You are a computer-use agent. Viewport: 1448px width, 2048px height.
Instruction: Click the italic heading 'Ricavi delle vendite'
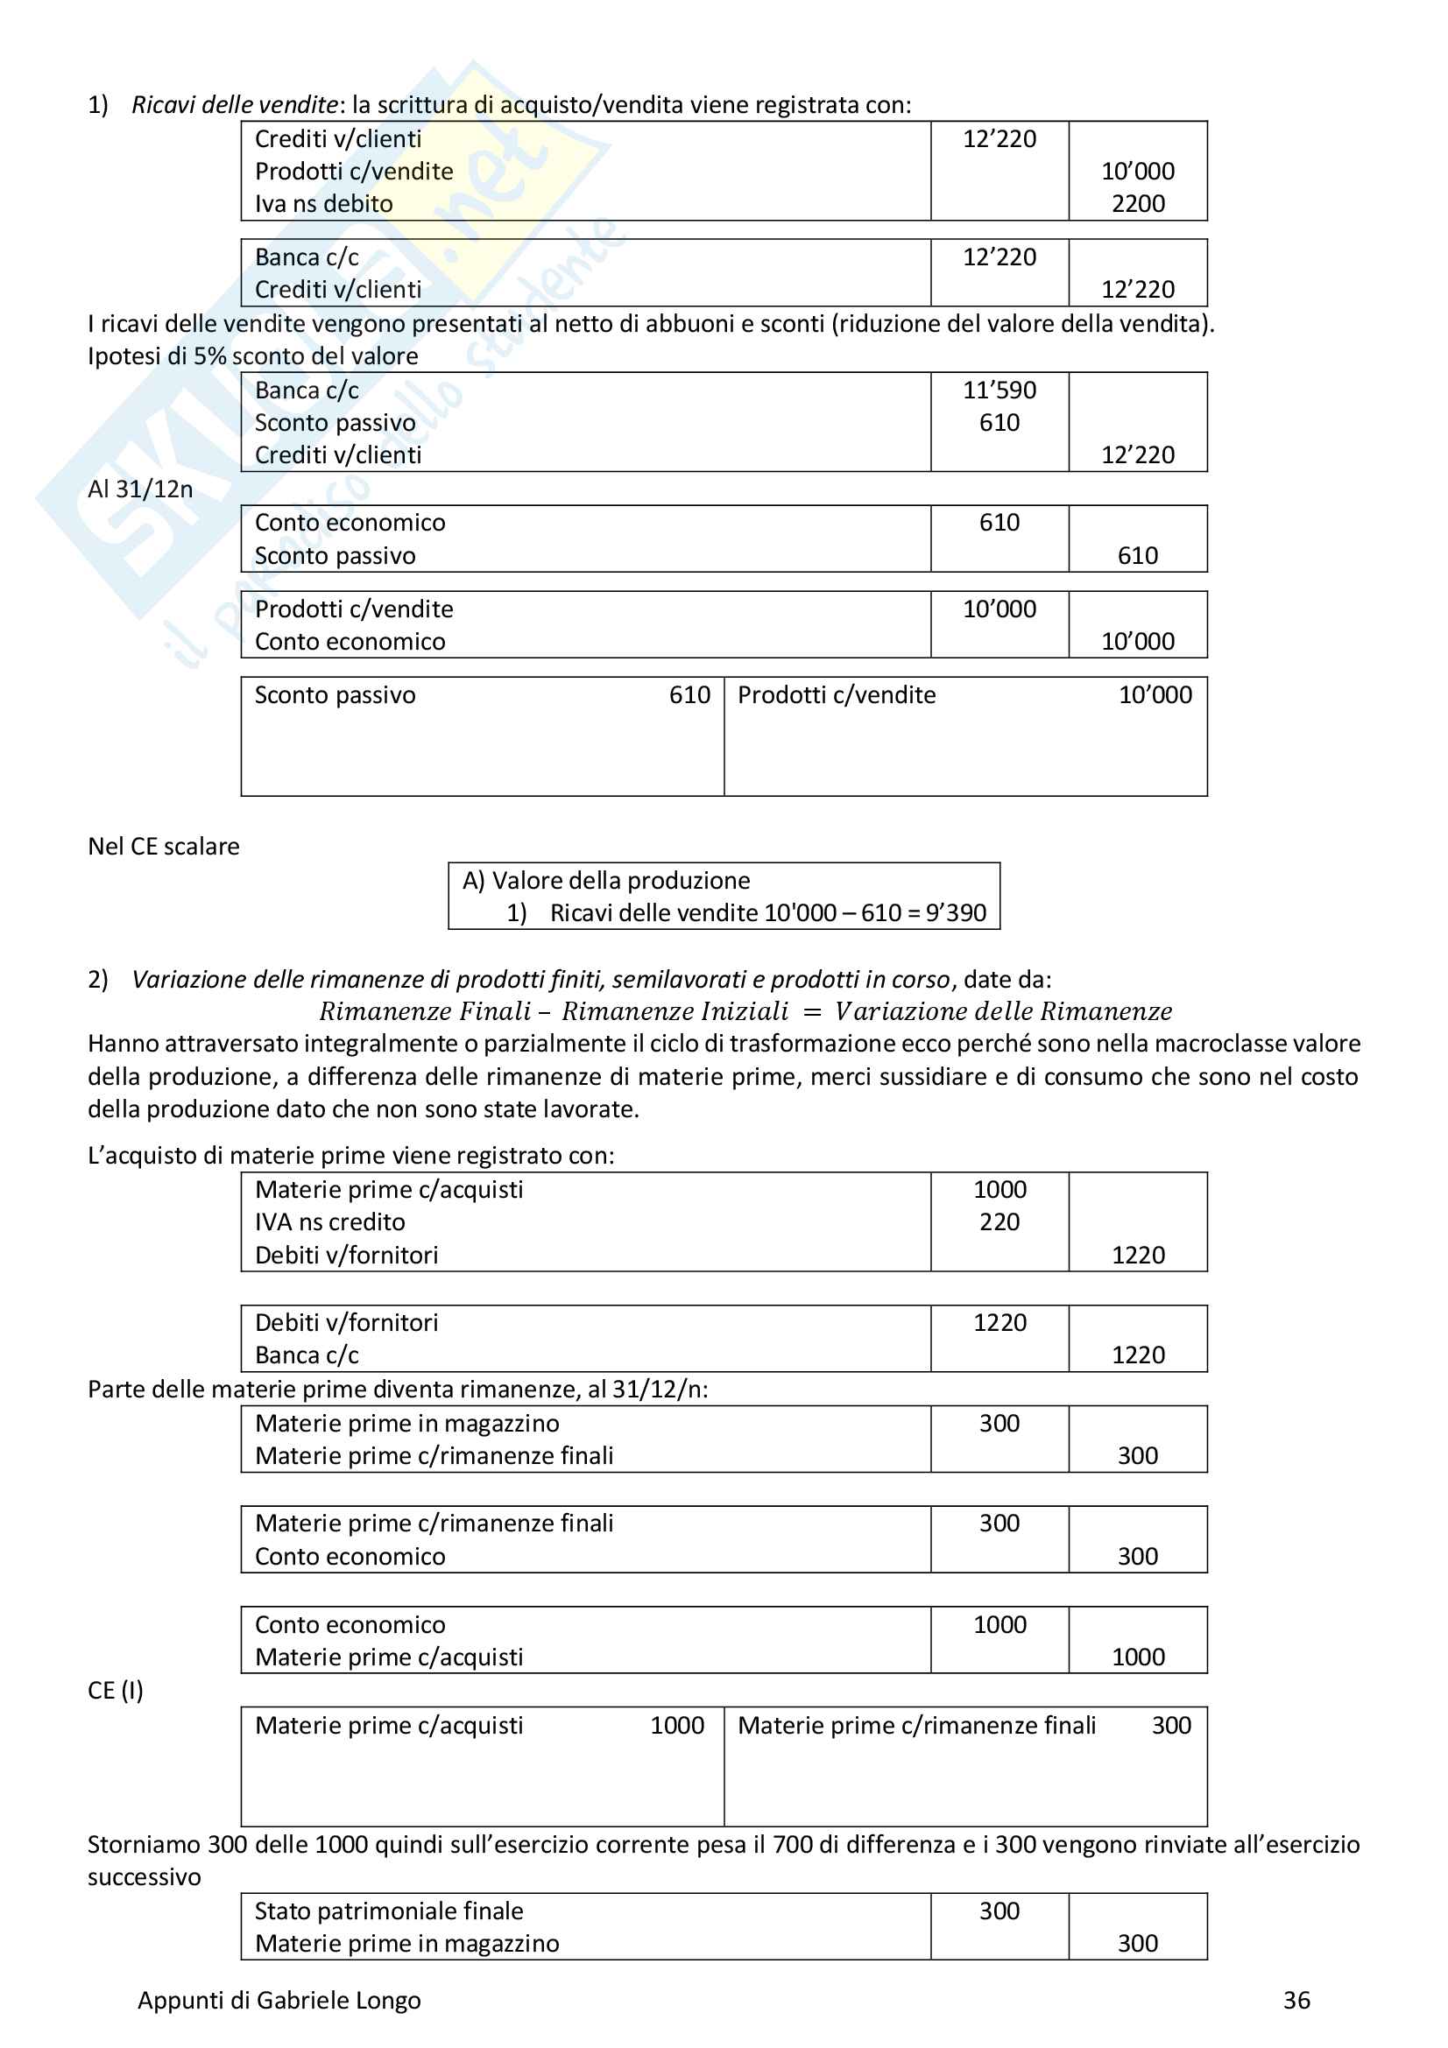click(x=235, y=105)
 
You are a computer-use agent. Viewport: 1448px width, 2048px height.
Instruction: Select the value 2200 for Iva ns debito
click(x=1138, y=204)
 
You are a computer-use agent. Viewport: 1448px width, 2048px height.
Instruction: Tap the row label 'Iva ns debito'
click(x=324, y=204)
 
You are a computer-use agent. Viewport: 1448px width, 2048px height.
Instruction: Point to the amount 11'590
click(x=999, y=391)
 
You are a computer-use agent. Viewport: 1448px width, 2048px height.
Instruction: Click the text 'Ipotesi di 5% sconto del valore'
click(x=252, y=356)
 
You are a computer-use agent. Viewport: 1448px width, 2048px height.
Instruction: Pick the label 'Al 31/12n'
click(x=140, y=489)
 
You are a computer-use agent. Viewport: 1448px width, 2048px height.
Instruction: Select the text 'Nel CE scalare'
click(x=163, y=847)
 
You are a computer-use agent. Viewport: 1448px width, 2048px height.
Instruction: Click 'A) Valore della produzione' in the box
click(x=607, y=882)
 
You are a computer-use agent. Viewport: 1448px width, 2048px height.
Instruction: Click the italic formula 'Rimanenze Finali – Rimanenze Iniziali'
click(x=554, y=1011)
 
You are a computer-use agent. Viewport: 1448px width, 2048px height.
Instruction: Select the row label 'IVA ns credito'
click(x=330, y=1223)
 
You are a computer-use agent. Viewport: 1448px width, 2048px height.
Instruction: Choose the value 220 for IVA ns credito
click(x=999, y=1223)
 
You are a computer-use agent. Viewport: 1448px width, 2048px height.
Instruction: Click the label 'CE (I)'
click(x=115, y=1692)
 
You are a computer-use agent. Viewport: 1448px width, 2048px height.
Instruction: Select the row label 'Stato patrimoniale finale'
click(x=389, y=1911)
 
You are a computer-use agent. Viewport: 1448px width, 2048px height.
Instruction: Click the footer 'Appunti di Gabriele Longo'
click(x=279, y=2001)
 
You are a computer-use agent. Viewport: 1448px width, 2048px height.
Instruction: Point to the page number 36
click(x=1296, y=2001)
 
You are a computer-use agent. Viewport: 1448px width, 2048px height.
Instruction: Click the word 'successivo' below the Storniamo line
click(x=144, y=1877)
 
